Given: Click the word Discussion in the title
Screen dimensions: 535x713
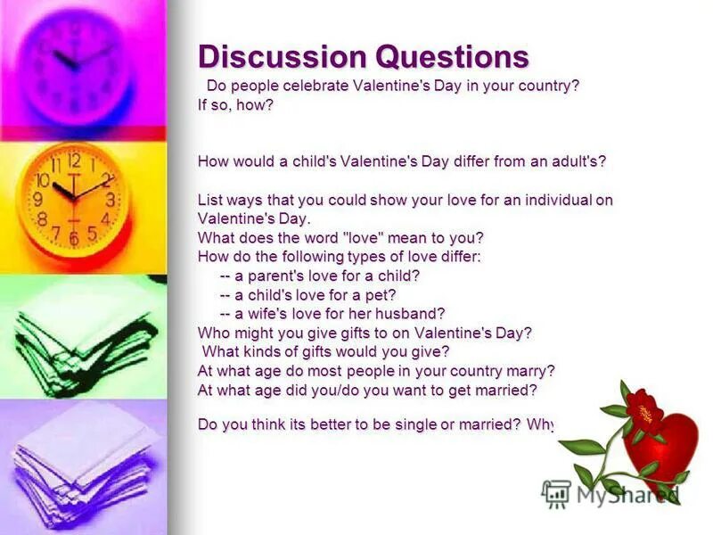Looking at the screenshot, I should (x=282, y=56).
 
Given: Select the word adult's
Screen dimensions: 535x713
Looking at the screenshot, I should (x=578, y=161).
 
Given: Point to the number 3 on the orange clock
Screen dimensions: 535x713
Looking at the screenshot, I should (x=110, y=201).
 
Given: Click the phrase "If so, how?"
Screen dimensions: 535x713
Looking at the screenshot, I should (x=235, y=105).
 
